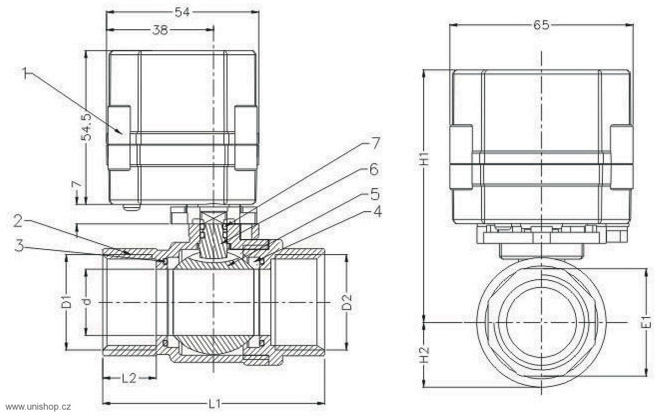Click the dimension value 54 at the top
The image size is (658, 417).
point(182,12)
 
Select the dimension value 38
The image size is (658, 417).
point(160,30)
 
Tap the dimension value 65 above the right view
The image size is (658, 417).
point(541,25)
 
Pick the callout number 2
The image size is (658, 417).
point(18,221)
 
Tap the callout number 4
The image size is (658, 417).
point(377,212)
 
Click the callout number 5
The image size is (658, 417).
point(375,194)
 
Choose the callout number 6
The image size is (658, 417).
point(373,170)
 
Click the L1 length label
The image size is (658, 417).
point(215,404)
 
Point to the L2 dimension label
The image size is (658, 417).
point(129,378)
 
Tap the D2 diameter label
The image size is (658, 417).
point(347,302)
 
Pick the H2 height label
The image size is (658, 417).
point(425,355)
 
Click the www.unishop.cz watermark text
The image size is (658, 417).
point(38,407)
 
